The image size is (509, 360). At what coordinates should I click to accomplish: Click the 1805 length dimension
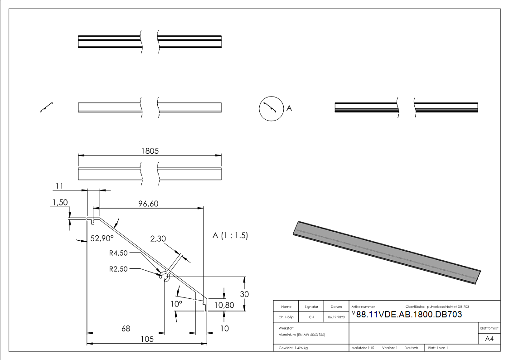click(150, 151)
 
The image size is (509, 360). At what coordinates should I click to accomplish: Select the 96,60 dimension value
click(148, 204)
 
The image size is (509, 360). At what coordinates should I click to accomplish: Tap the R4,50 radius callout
click(118, 253)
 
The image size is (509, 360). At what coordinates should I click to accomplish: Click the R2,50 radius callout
click(118, 269)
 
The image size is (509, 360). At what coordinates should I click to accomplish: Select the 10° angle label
click(176, 304)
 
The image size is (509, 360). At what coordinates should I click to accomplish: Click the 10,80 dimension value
click(224, 305)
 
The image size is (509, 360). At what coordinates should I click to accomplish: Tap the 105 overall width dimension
click(146, 339)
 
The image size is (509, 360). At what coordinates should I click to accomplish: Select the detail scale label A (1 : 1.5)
click(230, 236)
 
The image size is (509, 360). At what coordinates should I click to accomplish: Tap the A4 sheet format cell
click(489, 339)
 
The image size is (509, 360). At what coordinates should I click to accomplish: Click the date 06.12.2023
click(336, 317)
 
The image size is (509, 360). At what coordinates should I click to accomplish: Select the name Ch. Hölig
click(286, 317)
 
